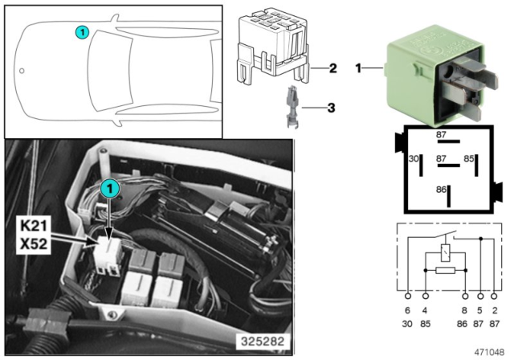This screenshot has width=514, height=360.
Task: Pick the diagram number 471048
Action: (x=491, y=351)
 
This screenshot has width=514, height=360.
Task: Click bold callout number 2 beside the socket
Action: (x=331, y=68)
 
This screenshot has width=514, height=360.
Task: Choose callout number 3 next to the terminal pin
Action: (x=331, y=105)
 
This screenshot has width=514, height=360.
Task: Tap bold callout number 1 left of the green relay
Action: (x=358, y=70)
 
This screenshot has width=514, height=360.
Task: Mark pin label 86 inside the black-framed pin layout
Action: (x=439, y=190)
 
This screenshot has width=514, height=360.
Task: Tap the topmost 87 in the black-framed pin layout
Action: (x=439, y=135)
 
